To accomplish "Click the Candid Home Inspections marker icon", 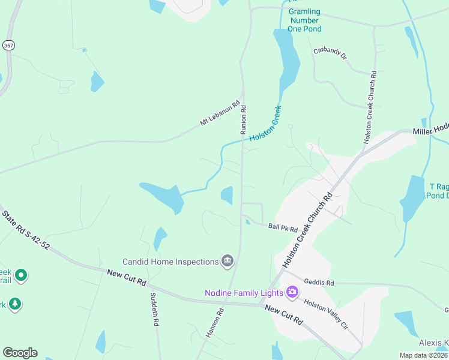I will [x=228, y=261].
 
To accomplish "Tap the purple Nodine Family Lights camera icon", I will [x=292, y=293].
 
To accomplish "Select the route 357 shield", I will [x=8, y=45].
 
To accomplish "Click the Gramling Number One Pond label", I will [x=304, y=20].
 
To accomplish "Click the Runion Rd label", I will [x=244, y=119].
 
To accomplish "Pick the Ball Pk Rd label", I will [x=283, y=228].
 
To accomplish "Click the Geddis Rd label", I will [x=318, y=282].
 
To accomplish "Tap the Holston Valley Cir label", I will [x=326, y=314].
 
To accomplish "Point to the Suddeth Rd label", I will [x=154, y=309].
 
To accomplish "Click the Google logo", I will [x=20, y=353].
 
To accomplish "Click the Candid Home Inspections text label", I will [x=170, y=262].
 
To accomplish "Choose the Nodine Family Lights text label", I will [x=244, y=293].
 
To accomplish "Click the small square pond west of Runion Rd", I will [x=227, y=195].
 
